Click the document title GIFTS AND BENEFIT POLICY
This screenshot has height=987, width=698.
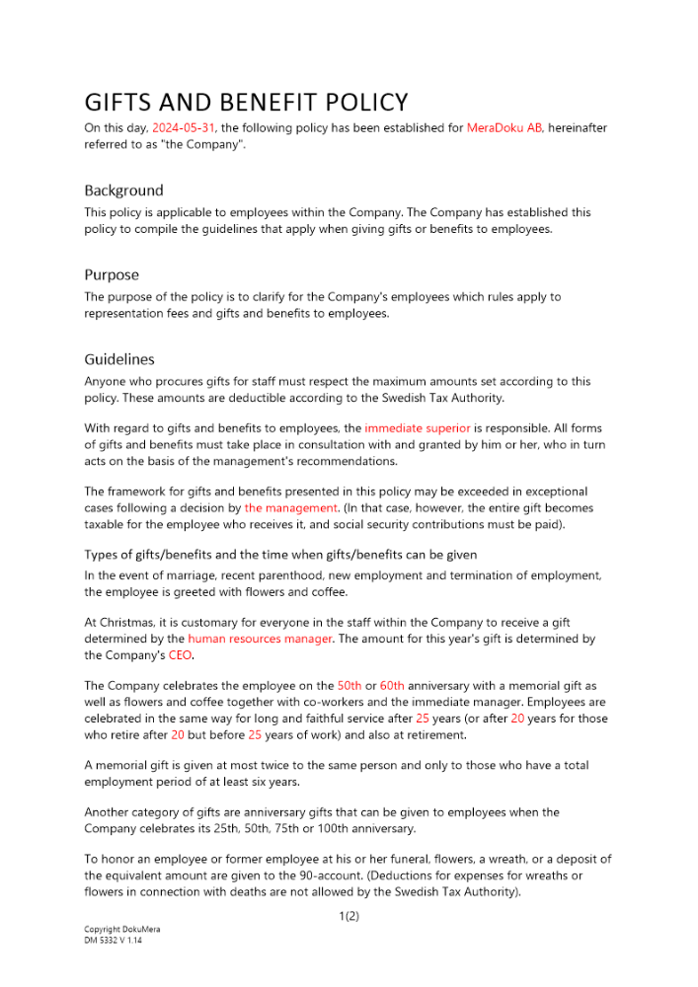(246, 103)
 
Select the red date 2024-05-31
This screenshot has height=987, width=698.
(183, 127)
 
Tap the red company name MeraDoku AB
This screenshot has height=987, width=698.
(504, 127)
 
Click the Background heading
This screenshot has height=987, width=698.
(123, 190)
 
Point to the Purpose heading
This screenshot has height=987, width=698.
(112, 274)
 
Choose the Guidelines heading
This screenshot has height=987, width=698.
(119, 358)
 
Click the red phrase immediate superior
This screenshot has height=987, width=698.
(417, 428)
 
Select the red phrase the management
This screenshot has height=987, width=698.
(291, 508)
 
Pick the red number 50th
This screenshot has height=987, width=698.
(349, 685)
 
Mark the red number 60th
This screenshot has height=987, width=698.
(392, 685)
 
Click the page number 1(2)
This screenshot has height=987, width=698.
(349, 916)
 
